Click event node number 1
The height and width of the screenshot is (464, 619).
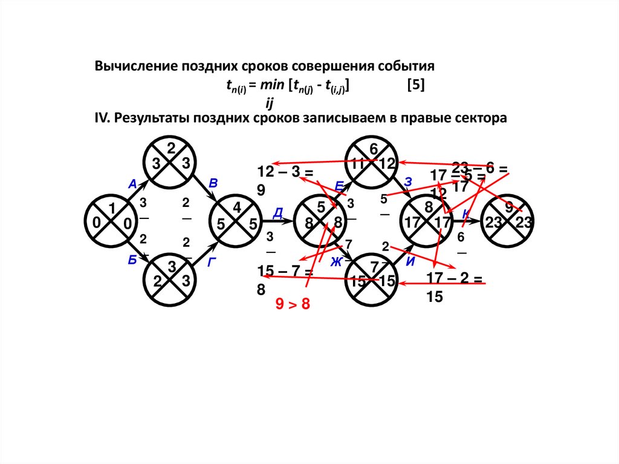[x=112, y=223]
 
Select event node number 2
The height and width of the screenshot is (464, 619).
[x=171, y=162]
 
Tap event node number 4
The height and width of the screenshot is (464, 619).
[x=237, y=223]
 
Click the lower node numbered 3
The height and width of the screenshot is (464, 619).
[x=171, y=281]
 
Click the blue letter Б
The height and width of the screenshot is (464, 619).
[x=132, y=261]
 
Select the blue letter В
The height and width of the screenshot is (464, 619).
[x=212, y=183]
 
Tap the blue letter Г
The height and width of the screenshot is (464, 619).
[x=212, y=262]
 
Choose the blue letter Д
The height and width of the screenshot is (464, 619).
[x=278, y=211]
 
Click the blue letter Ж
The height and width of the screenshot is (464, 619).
[x=336, y=261]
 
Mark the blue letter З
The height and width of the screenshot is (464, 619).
[x=408, y=181]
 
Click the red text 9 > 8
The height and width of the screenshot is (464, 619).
[x=293, y=304]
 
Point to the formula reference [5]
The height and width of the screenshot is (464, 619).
[x=415, y=86]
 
